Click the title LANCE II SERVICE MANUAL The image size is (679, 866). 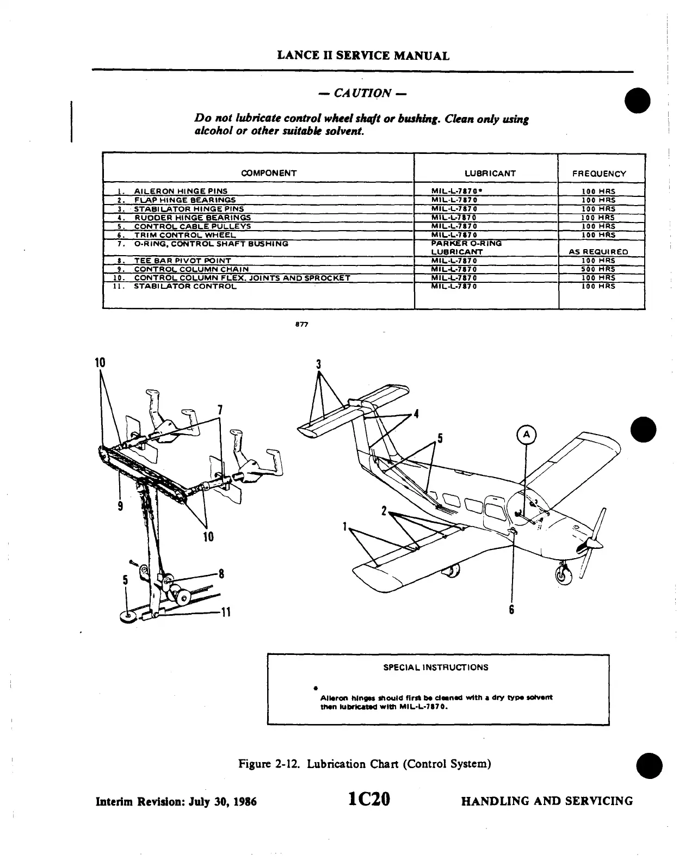pyautogui.click(x=363, y=55)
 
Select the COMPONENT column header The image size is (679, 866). pyautogui.click(x=269, y=173)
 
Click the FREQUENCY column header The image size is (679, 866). pyautogui.click(x=599, y=174)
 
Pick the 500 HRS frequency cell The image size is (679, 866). pyautogui.click(x=598, y=269)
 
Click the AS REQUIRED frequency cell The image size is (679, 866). pyautogui.click(x=598, y=252)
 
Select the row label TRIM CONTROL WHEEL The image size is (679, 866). pyautogui.click(x=185, y=235)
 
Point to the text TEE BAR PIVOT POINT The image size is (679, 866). pyautogui.click(x=182, y=261)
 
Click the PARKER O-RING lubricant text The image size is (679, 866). pyautogui.click(x=466, y=244)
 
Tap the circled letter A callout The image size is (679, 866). pyautogui.click(x=526, y=434)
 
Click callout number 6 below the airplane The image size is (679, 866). pyautogui.click(x=511, y=610)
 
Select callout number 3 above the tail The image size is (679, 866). pyautogui.click(x=319, y=364)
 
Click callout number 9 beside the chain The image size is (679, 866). pyautogui.click(x=120, y=506)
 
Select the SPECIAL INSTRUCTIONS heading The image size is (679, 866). pyautogui.click(x=436, y=667)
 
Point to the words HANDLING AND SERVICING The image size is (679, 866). pyautogui.click(x=547, y=801)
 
